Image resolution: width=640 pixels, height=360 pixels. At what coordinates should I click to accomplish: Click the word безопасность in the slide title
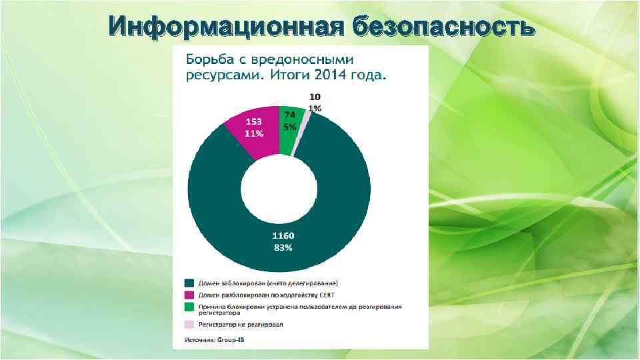point(443,27)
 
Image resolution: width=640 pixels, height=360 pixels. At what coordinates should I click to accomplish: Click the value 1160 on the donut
point(282,236)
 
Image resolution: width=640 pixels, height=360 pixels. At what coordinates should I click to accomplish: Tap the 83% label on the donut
point(282,247)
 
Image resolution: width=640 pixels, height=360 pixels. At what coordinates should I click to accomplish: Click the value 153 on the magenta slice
point(253,122)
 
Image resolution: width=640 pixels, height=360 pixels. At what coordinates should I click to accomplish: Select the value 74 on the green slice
point(290,115)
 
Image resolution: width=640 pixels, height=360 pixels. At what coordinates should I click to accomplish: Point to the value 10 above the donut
point(315,97)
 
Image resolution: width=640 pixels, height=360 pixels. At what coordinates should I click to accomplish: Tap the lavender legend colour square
point(189,325)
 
